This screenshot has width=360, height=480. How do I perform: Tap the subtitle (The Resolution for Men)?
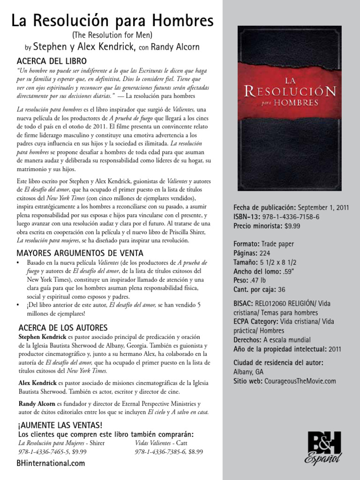112,36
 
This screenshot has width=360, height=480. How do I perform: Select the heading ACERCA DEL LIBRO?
52,61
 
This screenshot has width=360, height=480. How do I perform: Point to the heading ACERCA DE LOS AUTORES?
63,327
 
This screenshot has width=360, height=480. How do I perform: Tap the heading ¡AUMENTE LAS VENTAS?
59,425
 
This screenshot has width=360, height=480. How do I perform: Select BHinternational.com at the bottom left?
51,463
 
